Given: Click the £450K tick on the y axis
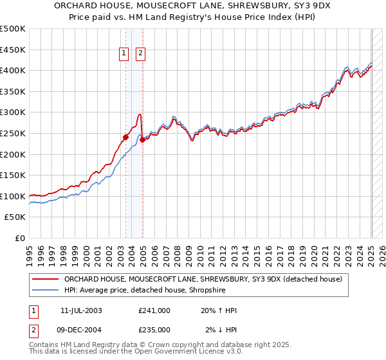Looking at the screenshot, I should [x=14, y=50].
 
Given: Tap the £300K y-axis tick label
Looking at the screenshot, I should [x=14, y=113].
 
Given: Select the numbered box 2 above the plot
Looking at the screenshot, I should [x=140, y=55].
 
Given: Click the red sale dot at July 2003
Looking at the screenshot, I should [x=126, y=137].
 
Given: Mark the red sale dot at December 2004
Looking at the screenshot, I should [x=142, y=139].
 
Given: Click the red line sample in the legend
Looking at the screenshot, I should [x=46, y=279].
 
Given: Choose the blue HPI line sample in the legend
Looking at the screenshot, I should [x=46, y=291].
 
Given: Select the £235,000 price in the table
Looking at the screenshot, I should [x=154, y=330].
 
